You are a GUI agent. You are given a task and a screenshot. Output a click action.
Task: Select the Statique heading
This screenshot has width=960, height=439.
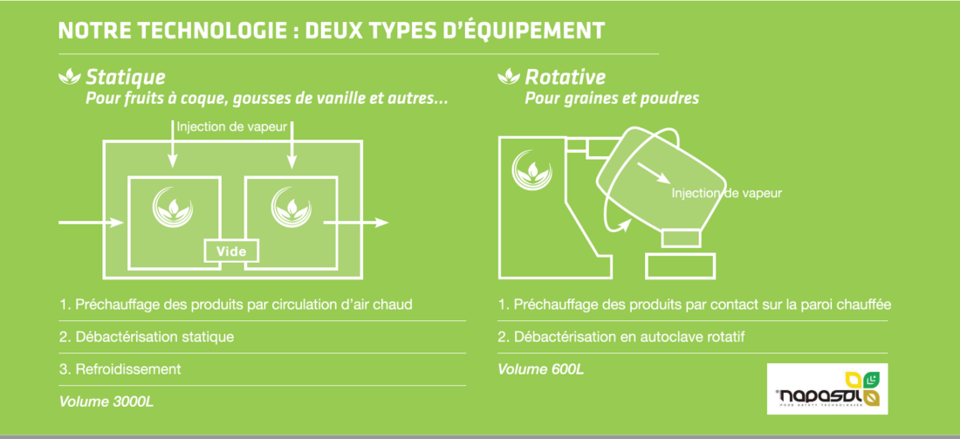(125, 78)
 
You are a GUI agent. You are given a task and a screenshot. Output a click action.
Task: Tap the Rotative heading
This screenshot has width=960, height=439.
(565, 78)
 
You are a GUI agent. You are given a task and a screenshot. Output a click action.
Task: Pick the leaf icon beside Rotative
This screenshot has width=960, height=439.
(508, 78)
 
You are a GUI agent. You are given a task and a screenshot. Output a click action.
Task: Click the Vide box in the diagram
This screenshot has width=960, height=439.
(231, 251)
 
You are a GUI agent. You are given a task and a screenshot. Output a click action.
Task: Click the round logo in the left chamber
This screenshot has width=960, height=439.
(174, 206)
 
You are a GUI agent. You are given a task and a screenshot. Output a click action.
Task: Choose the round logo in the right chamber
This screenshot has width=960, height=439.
(291, 206)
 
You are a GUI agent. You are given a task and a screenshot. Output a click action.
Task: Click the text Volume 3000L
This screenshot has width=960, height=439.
(108, 402)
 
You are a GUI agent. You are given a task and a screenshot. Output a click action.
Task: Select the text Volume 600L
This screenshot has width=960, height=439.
(540, 369)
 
